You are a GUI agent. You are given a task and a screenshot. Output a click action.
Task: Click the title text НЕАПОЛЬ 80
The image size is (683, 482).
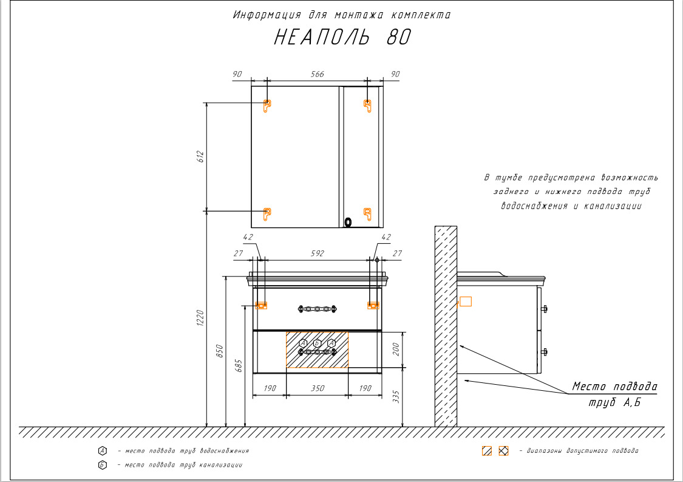(x=342, y=37)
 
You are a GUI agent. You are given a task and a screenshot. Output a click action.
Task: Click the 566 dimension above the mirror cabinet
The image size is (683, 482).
(x=317, y=74)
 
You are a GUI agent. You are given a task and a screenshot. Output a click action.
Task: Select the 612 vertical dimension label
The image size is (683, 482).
(x=200, y=157)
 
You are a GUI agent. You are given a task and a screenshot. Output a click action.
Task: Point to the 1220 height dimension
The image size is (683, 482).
(x=200, y=317)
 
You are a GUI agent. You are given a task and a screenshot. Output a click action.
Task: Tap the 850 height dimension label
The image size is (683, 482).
(x=220, y=351)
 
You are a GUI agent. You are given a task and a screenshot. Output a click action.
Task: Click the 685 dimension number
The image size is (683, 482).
(x=239, y=365)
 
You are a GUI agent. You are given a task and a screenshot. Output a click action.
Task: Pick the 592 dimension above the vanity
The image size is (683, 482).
(x=317, y=253)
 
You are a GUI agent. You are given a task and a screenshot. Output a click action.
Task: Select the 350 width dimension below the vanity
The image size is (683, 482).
(x=318, y=388)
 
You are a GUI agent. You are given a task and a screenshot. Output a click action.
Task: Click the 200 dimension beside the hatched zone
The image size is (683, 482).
(x=396, y=349)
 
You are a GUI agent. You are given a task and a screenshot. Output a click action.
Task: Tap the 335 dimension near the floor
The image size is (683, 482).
(x=396, y=396)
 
